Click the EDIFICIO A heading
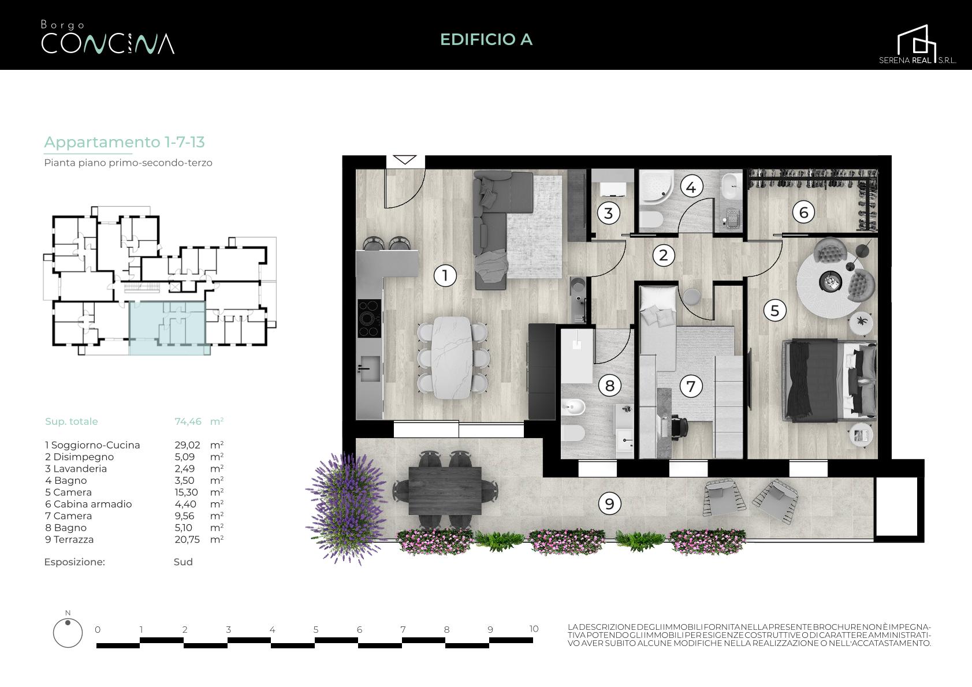(486, 39)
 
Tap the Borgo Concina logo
(107, 38)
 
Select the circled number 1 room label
(445, 275)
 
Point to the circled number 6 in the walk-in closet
(803, 212)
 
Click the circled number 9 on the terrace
(609, 503)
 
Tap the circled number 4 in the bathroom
(691, 187)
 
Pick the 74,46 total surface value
(188, 421)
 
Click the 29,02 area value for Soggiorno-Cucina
(188, 445)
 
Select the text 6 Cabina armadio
(88, 504)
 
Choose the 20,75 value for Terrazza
(187, 540)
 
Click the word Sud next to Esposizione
(183, 562)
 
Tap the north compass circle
(68, 633)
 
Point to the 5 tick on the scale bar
(315, 629)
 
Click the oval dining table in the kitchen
(452, 357)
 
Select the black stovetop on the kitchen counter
(369, 318)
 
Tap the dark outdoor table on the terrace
(445, 491)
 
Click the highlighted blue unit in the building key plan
(167, 328)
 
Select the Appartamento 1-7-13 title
(125, 142)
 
